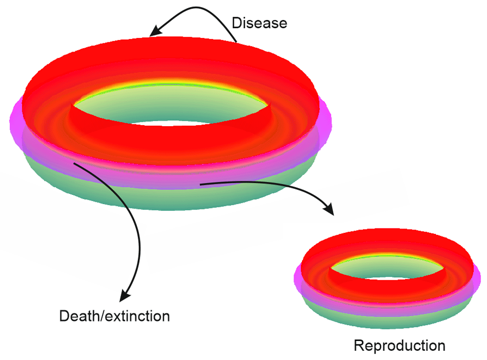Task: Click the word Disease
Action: click(x=260, y=23)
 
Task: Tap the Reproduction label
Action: click(x=399, y=346)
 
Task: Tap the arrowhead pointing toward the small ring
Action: click(x=330, y=210)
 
